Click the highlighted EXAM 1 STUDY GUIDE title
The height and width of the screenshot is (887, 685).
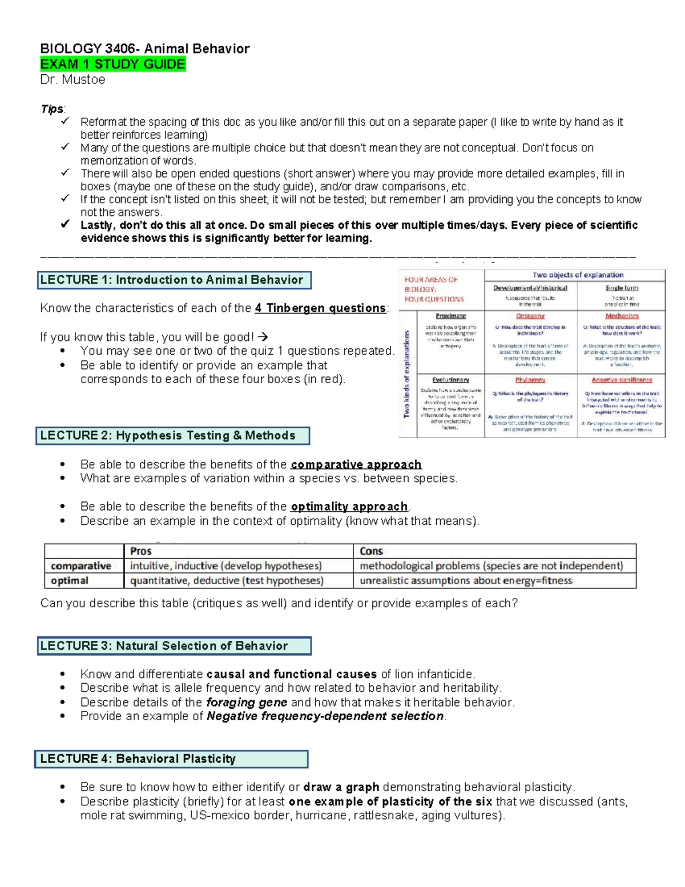112,64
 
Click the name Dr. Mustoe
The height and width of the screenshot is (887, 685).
72,79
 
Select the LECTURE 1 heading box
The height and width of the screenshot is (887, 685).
174,280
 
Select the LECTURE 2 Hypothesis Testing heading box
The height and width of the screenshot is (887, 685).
172,436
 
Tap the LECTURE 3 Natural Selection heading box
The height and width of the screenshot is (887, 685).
174,646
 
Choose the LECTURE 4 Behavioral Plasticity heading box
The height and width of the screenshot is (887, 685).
171,759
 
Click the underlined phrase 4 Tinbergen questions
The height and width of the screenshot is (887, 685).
320,308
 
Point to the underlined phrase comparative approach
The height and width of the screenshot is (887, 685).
356,464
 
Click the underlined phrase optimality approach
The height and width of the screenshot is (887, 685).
349,507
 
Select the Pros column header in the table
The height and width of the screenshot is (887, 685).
140,551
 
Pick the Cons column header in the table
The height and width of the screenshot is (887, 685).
371,551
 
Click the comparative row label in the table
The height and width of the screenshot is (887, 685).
81,566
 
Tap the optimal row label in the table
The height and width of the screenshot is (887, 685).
70,581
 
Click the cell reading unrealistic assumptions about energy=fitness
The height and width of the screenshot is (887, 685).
466,581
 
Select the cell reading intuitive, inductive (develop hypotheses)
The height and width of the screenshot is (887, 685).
226,566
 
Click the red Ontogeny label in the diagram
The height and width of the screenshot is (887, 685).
530,316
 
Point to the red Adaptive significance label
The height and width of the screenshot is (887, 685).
622,380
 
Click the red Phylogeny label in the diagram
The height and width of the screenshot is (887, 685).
530,380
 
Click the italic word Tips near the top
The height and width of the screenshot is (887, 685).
52,109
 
